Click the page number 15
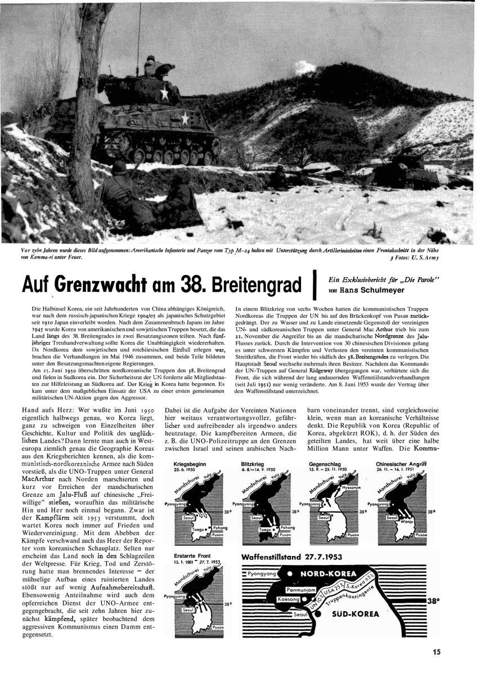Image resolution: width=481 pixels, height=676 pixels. coord(437,652)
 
